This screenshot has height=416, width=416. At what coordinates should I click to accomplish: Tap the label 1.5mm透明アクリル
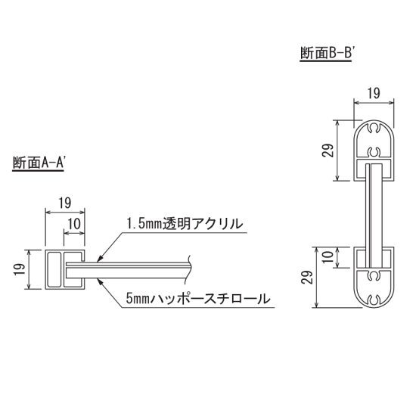tap(184, 224)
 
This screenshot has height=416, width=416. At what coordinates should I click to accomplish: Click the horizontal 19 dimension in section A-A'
tap(64, 203)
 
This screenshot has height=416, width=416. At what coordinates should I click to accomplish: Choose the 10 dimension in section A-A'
tap(76, 225)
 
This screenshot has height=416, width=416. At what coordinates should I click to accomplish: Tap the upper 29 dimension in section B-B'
tap(328, 150)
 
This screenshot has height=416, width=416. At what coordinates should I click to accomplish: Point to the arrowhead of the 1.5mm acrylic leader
tap(98, 259)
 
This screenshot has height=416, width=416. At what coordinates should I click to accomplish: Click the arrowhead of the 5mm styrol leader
tap(98, 277)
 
